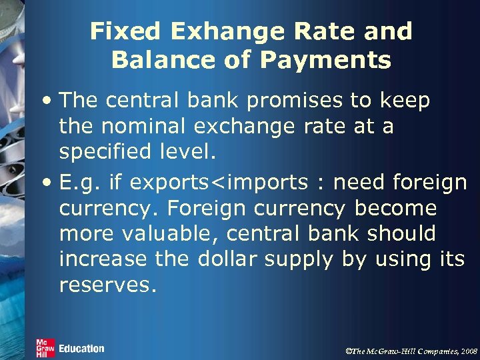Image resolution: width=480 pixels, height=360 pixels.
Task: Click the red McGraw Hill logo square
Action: click(x=45, y=347)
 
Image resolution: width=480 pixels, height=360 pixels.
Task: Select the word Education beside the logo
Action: click(x=81, y=349)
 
